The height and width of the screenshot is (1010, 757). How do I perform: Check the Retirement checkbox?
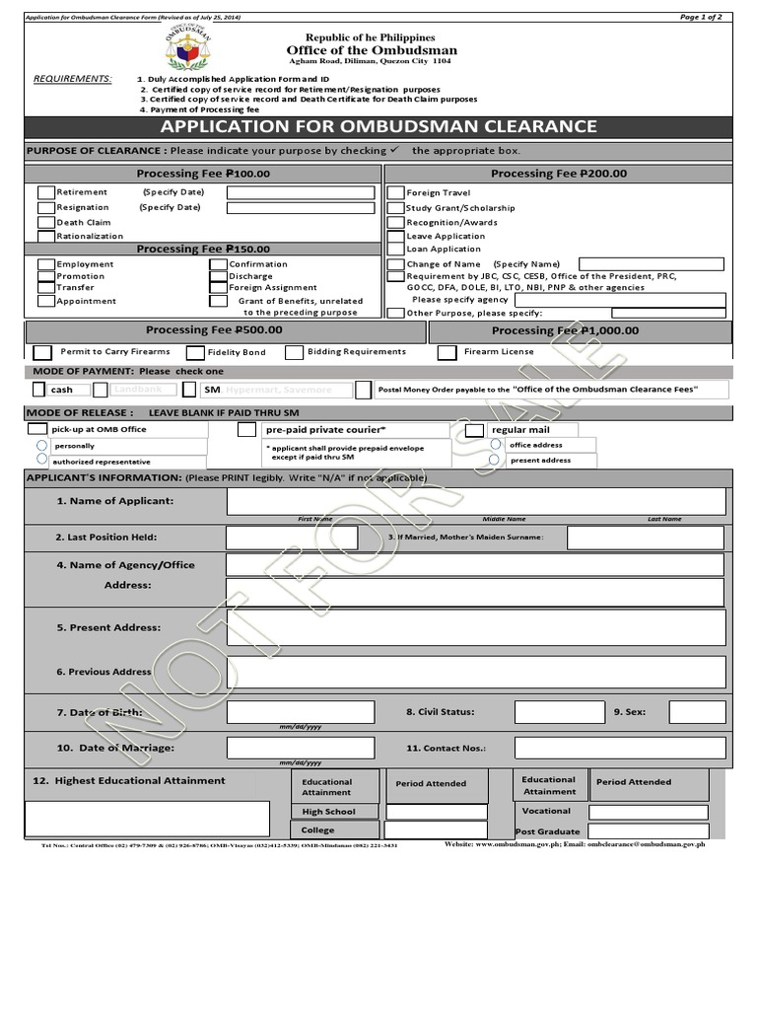click(46, 192)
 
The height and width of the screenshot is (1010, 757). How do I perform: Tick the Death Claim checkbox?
click(46, 223)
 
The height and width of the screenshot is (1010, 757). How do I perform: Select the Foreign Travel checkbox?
click(396, 193)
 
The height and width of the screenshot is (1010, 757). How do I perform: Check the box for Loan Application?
click(396, 250)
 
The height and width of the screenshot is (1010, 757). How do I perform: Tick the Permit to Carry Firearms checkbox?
click(42, 352)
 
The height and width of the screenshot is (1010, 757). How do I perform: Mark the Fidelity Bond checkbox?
click(194, 352)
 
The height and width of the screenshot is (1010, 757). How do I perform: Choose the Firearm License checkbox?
click(447, 352)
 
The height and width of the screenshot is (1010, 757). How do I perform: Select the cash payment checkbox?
click(38, 390)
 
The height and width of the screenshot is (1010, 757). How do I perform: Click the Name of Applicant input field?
click(476, 501)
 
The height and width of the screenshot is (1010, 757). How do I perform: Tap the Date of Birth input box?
click(301, 712)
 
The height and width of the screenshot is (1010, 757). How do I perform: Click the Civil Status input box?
click(559, 712)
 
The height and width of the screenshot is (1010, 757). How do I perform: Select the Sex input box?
click(697, 712)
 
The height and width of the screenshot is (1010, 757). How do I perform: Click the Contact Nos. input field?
click(619, 748)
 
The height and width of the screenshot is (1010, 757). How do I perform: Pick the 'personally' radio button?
click(42, 446)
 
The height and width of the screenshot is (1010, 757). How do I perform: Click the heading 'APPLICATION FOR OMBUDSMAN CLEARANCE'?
click(378, 126)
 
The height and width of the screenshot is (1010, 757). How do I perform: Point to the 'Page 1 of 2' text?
click(701, 17)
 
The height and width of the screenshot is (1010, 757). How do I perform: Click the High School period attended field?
click(436, 812)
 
